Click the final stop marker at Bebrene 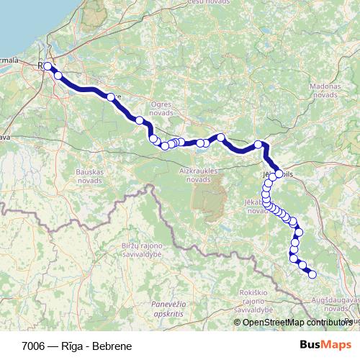[312, 274]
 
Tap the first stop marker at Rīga [48, 66]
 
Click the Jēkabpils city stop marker [279, 174]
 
